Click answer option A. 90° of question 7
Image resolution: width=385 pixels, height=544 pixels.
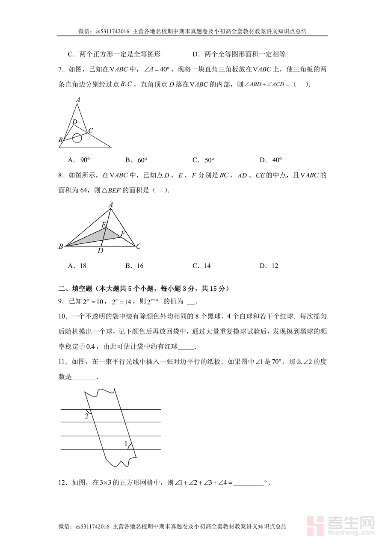pyautogui.click(x=79, y=160)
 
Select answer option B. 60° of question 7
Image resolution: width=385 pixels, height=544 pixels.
pyautogui.click(x=136, y=160)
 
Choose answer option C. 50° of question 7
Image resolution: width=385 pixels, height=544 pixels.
pyautogui.click(x=203, y=160)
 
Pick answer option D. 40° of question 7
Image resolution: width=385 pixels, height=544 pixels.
pyautogui.click(x=271, y=160)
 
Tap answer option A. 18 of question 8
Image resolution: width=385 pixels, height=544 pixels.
pyautogui.click(x=77, y=266)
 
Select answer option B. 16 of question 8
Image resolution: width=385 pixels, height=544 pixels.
pyautogui.click(x=134, y=266)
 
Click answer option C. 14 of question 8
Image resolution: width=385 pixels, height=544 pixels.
pyautogui.click(x=201, y=266)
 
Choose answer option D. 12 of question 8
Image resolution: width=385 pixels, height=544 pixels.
pyautogui.click(x=269, y=266)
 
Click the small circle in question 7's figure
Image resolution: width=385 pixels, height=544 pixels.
pyautogui.click(x=77, y=138)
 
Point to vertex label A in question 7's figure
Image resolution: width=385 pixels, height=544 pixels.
pyautogui.click(x=78, y=100)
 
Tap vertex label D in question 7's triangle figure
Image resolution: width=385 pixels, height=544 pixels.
pyautogui.click(x=74, y=122)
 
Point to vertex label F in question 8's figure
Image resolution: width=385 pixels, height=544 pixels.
pyautogui.click(x=123, y=234)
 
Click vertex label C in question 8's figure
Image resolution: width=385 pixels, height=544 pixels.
pyautogui.click(x=139, y=246)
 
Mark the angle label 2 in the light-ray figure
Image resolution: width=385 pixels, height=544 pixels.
pyautogui.click(x=87, y=416)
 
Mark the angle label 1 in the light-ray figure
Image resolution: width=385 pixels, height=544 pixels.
pyautogui.click(x=126, y=444)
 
